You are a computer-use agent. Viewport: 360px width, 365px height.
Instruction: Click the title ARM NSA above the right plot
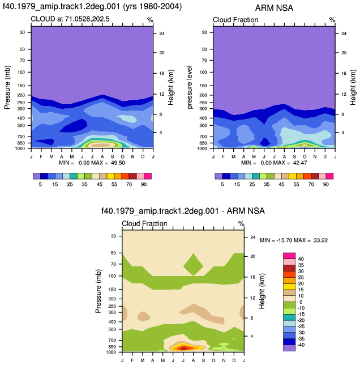click(274, 8)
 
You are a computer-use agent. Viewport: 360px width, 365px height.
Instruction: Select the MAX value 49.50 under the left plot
click(118, 163)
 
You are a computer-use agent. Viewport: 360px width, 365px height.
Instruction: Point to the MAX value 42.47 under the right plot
click(300, 163)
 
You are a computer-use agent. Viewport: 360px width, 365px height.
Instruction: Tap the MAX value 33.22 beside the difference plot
click(320, 240)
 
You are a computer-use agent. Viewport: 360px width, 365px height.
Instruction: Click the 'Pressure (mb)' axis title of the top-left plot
click(7, 87)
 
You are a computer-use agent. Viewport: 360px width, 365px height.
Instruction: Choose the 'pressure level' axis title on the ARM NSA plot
click(190, 87)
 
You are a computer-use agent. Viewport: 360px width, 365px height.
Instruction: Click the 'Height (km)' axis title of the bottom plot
click(262, 291)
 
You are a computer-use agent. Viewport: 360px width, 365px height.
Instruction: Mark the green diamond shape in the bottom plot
click(194, 265)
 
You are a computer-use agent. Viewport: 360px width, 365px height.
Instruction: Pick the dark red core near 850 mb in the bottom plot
click(183, 348)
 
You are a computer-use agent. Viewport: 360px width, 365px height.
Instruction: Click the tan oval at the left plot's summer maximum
click(101, 145)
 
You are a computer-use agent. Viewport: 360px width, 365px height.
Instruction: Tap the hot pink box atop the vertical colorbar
click(289, 256)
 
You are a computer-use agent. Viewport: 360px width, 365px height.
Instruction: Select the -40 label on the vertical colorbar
click(301, 345)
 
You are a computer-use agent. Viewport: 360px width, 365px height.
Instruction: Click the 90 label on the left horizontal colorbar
click(144, 184)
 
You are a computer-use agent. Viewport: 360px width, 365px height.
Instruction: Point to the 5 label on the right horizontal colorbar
click(222, 184)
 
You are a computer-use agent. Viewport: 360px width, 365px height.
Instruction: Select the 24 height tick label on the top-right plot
click(344, 33)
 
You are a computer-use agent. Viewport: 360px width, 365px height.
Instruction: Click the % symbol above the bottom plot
click(241, 224)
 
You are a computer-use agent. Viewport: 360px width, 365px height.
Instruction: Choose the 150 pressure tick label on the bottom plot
click(113, 290)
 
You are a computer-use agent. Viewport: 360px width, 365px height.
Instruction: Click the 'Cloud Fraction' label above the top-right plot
click(235, 20)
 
